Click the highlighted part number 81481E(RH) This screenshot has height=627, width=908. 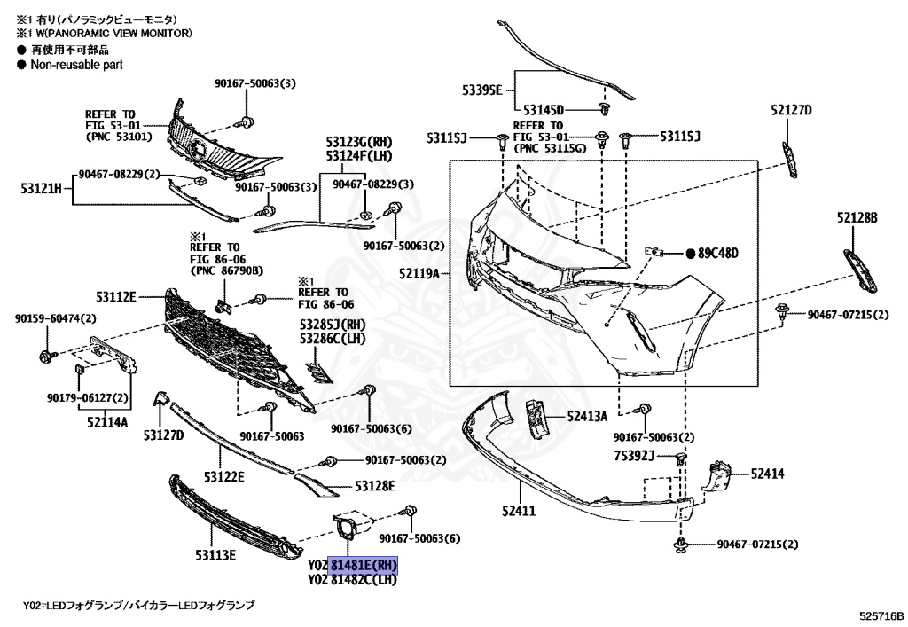[364, 565]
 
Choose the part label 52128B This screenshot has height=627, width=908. [857, 216]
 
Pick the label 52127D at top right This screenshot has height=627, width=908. [791, 110]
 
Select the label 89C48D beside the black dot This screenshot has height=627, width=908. [717, 253]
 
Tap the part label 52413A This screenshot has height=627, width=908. [587, 415]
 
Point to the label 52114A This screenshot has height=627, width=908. [106, 422]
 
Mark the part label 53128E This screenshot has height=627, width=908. [375, 486]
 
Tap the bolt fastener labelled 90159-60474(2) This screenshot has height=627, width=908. [47, 357]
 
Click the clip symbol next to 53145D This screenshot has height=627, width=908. [606, 109]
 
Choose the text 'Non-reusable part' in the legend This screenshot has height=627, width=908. [76, 65]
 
